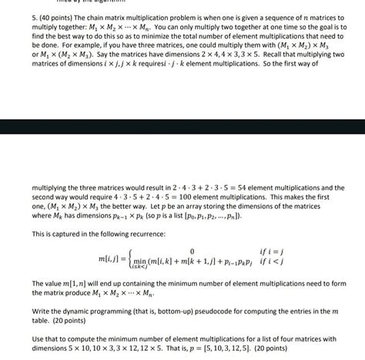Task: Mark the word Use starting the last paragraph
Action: pyautogui.click(x=38, y=339)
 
